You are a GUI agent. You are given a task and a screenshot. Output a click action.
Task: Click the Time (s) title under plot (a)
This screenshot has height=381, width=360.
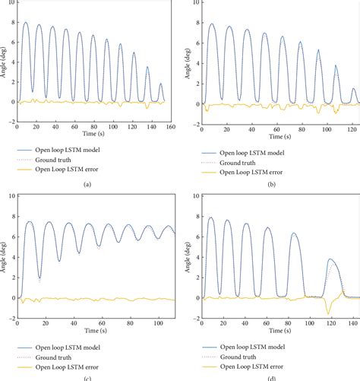click(92, 136)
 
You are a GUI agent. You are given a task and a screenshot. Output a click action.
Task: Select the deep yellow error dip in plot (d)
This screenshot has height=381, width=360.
click(327, 313)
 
